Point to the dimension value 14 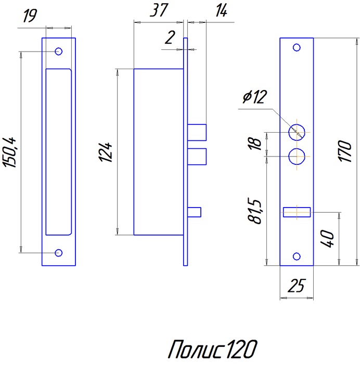220,11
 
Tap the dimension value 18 255,143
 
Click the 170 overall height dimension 345,151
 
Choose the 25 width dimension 297,286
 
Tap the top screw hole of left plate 59,51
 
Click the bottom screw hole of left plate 59,253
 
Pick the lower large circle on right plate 297,156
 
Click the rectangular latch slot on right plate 297,212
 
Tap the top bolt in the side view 197,132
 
